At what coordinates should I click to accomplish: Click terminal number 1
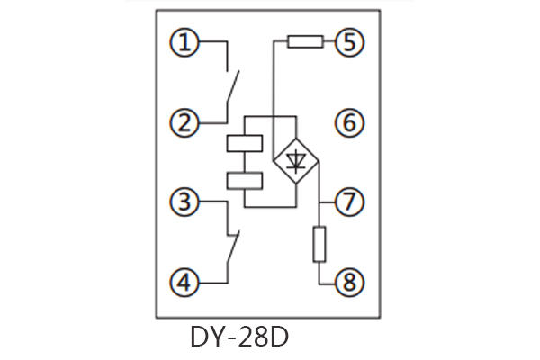tap(186, 42)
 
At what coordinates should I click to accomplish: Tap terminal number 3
tap(186, 202)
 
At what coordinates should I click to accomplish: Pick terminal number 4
tap(186, 283)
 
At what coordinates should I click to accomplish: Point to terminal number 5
tap(348, 42)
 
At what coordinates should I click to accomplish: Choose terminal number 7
tap(348, 202)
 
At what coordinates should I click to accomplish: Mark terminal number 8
tap(348, 283)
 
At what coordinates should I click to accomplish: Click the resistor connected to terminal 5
tap(306, 41)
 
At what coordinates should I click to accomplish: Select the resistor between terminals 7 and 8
tap(319, 244)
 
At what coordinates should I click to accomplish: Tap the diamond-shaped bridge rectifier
tap(295, 162)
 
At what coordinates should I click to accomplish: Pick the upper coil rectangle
tap(245, 143)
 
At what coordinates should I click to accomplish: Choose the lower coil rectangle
tap(245, 181)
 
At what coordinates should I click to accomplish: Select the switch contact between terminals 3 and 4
tap(232, 246)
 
